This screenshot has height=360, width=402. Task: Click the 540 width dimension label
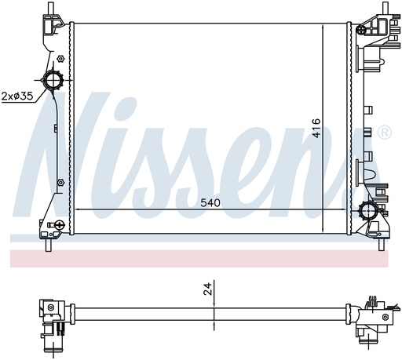pos(210,202)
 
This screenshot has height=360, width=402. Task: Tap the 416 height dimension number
pos(316,128)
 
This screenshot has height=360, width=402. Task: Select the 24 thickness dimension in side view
pos(207,289)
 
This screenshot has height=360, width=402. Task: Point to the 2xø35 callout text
pos(17,96)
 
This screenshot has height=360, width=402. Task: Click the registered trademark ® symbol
pos(385,133)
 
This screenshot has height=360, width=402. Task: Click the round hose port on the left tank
pos(53,80)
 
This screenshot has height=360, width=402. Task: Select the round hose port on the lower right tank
pos(368,209)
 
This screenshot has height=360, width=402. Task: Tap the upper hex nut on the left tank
pos(60,59)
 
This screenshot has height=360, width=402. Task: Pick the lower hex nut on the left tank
pos(60,182)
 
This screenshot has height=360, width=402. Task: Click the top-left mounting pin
pos(50,9)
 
